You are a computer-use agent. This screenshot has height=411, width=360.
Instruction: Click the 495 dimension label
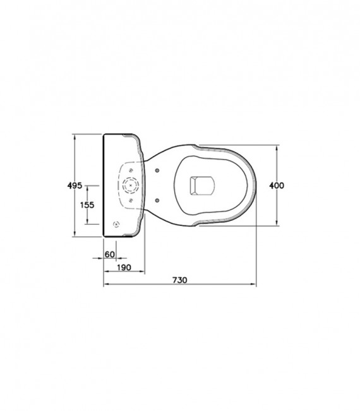[75, 186]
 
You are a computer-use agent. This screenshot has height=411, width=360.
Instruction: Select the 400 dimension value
[277, 186]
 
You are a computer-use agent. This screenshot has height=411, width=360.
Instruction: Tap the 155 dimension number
[87, 205]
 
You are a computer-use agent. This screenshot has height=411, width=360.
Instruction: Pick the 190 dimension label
[124, 268]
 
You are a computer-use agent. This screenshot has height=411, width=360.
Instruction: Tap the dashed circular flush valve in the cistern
[131, 186]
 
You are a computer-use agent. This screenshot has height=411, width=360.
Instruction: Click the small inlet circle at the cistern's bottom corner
[115, 224]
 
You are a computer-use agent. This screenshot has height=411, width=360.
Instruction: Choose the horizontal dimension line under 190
[124, 273]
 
